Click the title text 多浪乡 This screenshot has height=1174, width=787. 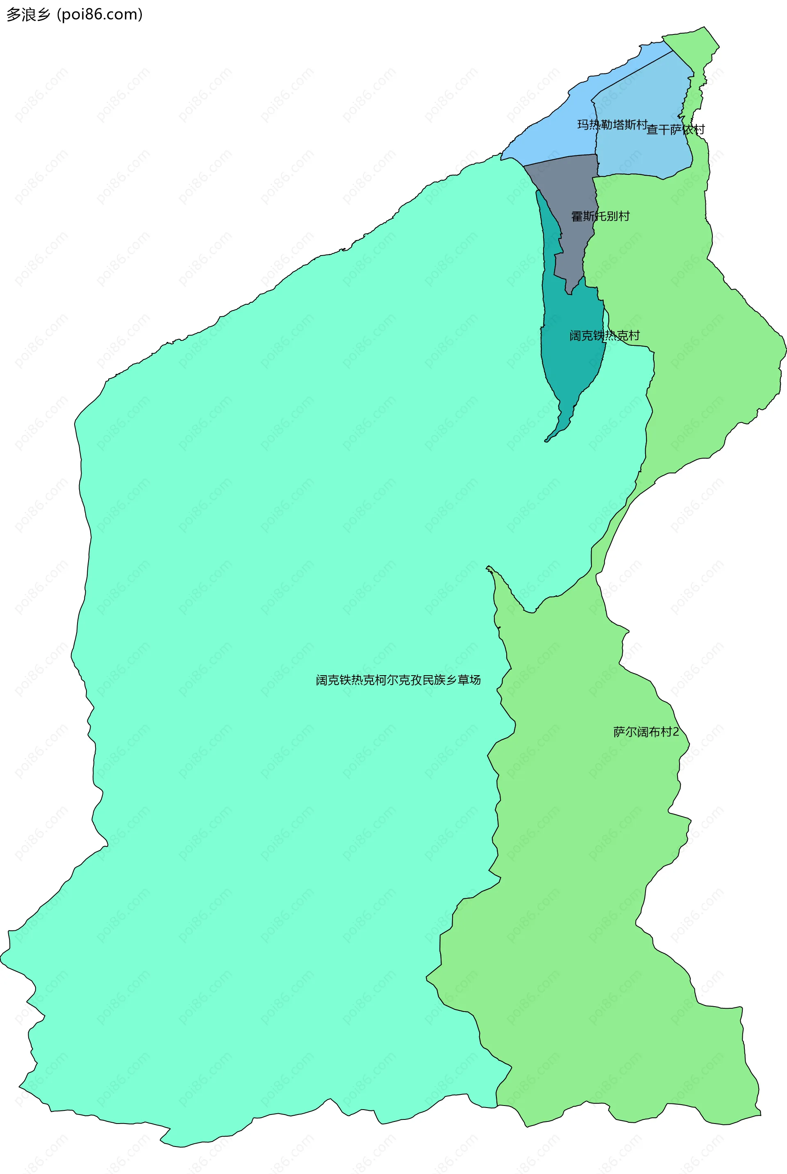(29, 14)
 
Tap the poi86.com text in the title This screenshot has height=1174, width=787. (99, 14)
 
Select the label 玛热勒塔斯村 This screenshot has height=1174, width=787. (612, 125)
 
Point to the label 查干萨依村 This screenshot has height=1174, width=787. (675, 130)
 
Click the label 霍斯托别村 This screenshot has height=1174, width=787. (600, 217)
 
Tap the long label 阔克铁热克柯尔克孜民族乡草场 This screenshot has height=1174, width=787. (398, 680)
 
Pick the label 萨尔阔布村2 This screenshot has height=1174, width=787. (646, 732)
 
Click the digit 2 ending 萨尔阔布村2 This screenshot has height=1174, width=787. (676, 732)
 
